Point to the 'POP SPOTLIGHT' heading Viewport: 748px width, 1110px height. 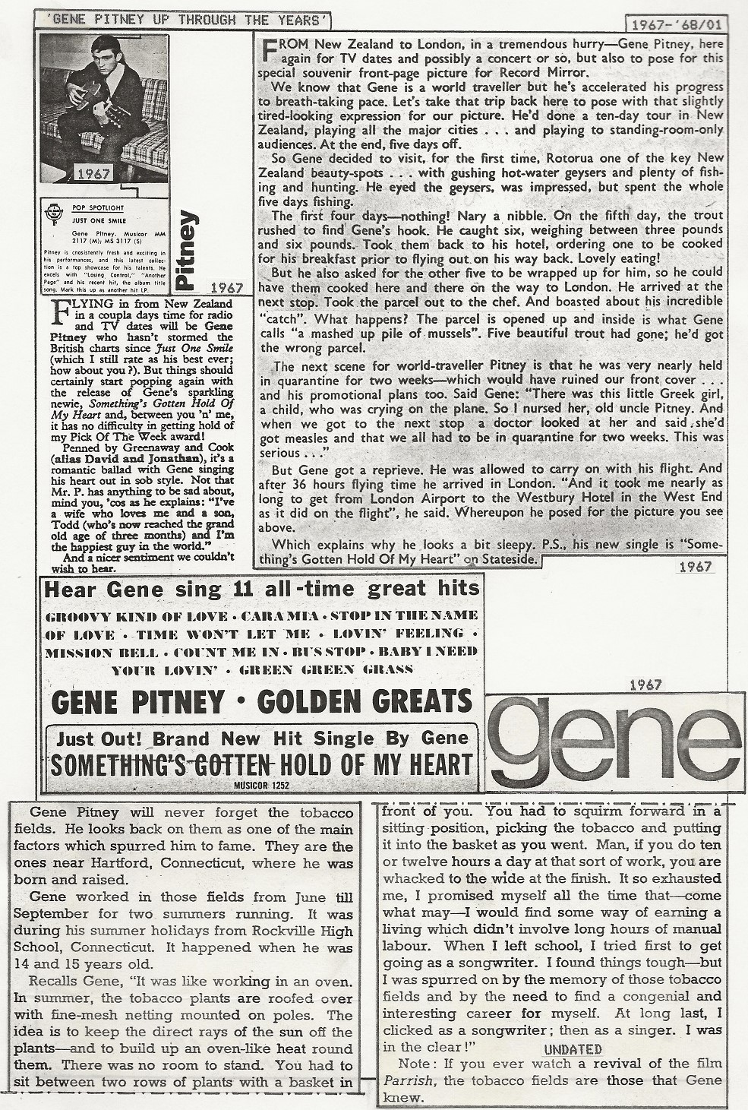pos(90,207)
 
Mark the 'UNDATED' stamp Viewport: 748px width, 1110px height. pos(573,1050)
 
